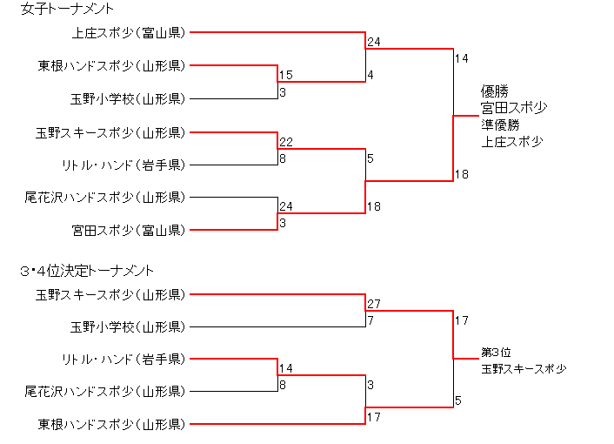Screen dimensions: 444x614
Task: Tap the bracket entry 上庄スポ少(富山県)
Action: point(127,33)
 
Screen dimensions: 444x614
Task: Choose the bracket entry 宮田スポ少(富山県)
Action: point(127,230)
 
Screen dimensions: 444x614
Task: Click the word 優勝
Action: point(493,91)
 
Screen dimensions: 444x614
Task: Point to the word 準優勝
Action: point(497,124)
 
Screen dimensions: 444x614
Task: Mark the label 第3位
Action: point(496,353)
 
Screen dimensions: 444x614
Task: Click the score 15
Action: point(286,76)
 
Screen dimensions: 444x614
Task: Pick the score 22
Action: point(286,142)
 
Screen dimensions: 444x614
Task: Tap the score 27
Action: point(374,305)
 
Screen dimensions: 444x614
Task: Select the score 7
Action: point(370,320)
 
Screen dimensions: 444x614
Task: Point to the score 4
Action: point(370,76)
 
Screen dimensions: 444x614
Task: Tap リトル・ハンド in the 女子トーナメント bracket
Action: point(122,165)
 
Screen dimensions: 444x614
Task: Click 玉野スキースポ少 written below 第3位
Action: point(523,369)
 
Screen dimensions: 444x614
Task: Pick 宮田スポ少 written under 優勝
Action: point(514,108)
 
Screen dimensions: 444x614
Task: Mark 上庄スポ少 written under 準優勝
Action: point(512,141)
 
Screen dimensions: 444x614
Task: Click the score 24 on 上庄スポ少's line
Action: point(374,42)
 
